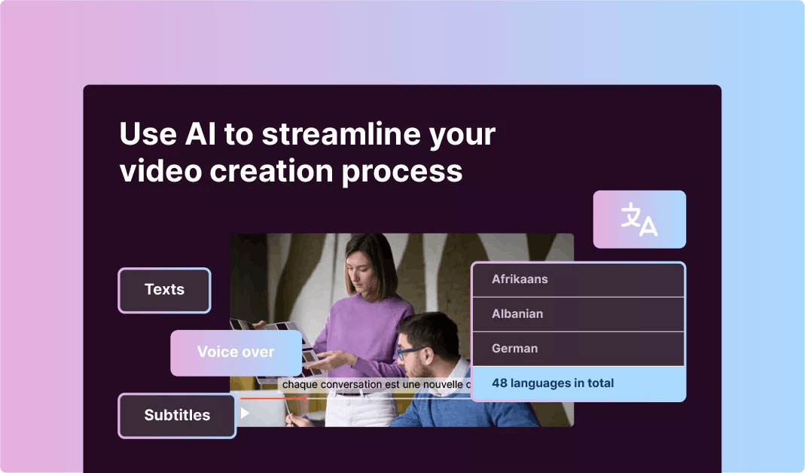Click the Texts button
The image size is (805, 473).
pyautogui.click(x=164, y=290)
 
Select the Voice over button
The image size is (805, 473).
pyautogui.click(x=236, y=352)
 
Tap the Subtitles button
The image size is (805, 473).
pyautogui.click(x=177, y=415)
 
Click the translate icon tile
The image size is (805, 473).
pyautogui.click(x=639, y=219)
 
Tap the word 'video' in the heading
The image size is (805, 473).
pyautogui.click(x=160, y=171)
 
